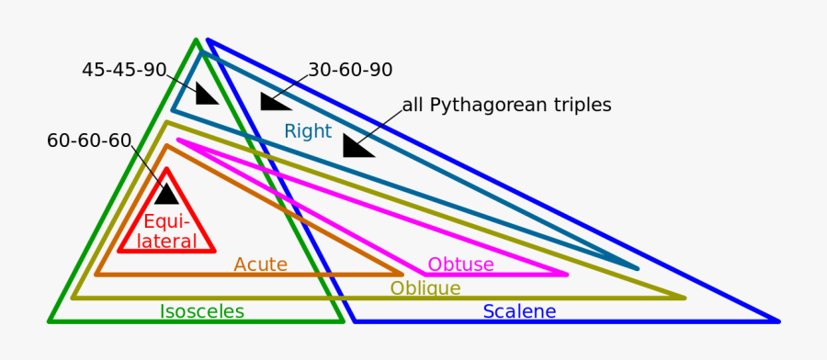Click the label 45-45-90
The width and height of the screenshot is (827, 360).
[x=124, y=70]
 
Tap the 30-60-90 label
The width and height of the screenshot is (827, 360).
[x=350, y=70]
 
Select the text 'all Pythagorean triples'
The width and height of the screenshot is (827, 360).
[x=506, y=105]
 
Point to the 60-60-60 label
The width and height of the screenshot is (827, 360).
[x=89, y=141]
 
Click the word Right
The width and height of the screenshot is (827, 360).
[x=307, y=131]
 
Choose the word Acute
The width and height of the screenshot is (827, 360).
[x=260, y=264]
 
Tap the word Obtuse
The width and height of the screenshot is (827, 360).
[x=460, y=264]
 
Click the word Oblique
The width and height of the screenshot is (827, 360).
[x=425, y=288]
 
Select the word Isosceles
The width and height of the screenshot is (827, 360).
[x=202, y=311]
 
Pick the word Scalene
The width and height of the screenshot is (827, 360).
[x=519, y=311]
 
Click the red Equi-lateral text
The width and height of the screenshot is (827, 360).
[x=167, y=231]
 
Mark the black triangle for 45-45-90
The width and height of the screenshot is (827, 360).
[x=207, y=95]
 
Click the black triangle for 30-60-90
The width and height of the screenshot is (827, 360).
[x=274, y=101]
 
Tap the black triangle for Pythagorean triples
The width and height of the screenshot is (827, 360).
[x=357, y=146]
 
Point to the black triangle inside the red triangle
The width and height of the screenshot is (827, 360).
[x=167, y=194]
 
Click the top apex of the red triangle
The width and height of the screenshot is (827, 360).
[x=166, y=170]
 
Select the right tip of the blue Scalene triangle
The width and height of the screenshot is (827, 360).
[x=777, y=321]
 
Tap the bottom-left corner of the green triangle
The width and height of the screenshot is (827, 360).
[x=51, y=321]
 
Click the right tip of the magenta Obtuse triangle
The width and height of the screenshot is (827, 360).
[x=566, y=274]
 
